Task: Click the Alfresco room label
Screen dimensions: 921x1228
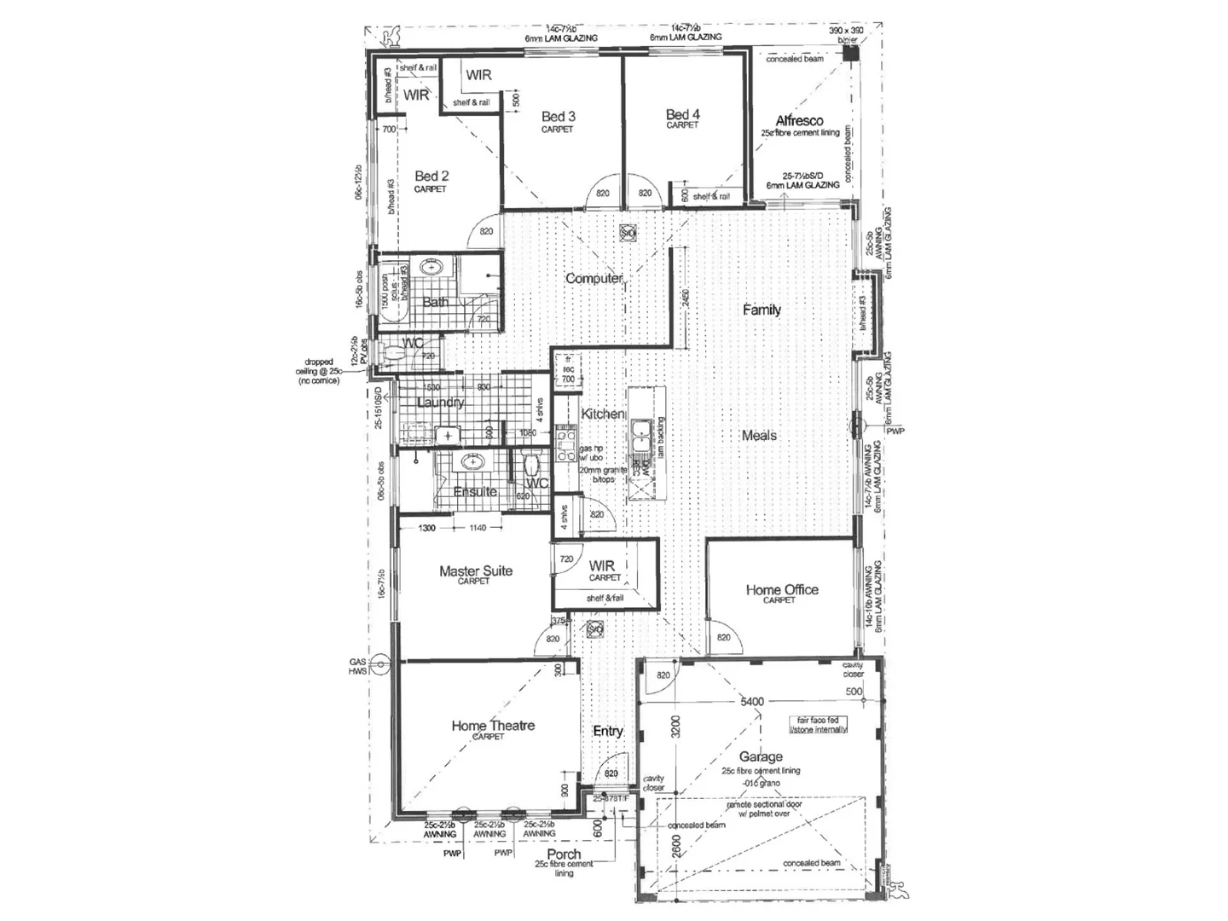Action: (799, 121)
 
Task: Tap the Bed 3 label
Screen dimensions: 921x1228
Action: (558, 117)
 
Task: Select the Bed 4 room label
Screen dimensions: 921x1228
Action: (682, 114)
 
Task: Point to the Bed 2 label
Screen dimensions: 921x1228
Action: (432, 176)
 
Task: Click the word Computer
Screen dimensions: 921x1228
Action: (594, 278)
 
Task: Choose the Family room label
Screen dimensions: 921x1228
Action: (762, 310)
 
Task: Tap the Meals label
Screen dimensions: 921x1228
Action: (759, 435)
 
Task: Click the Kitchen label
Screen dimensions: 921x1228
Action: (603, 414)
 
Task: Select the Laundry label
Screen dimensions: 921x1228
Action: (441, 402)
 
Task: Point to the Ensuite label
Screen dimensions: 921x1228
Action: (475, 491)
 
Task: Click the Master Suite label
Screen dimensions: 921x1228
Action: (476, 571)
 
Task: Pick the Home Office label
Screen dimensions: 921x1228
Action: (781, 589)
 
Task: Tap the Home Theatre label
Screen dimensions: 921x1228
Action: (493, 726)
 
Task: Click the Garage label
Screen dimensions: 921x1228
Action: (760, 756)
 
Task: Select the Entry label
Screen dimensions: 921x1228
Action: (608, 731)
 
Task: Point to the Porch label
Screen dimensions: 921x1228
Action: (564, 854)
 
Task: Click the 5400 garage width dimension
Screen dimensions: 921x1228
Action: (751, 702)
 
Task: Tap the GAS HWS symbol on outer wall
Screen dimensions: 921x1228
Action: (380, 659)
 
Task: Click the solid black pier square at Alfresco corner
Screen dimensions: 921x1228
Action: (849, 53)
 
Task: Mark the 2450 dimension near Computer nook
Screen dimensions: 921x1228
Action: (686, 298)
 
